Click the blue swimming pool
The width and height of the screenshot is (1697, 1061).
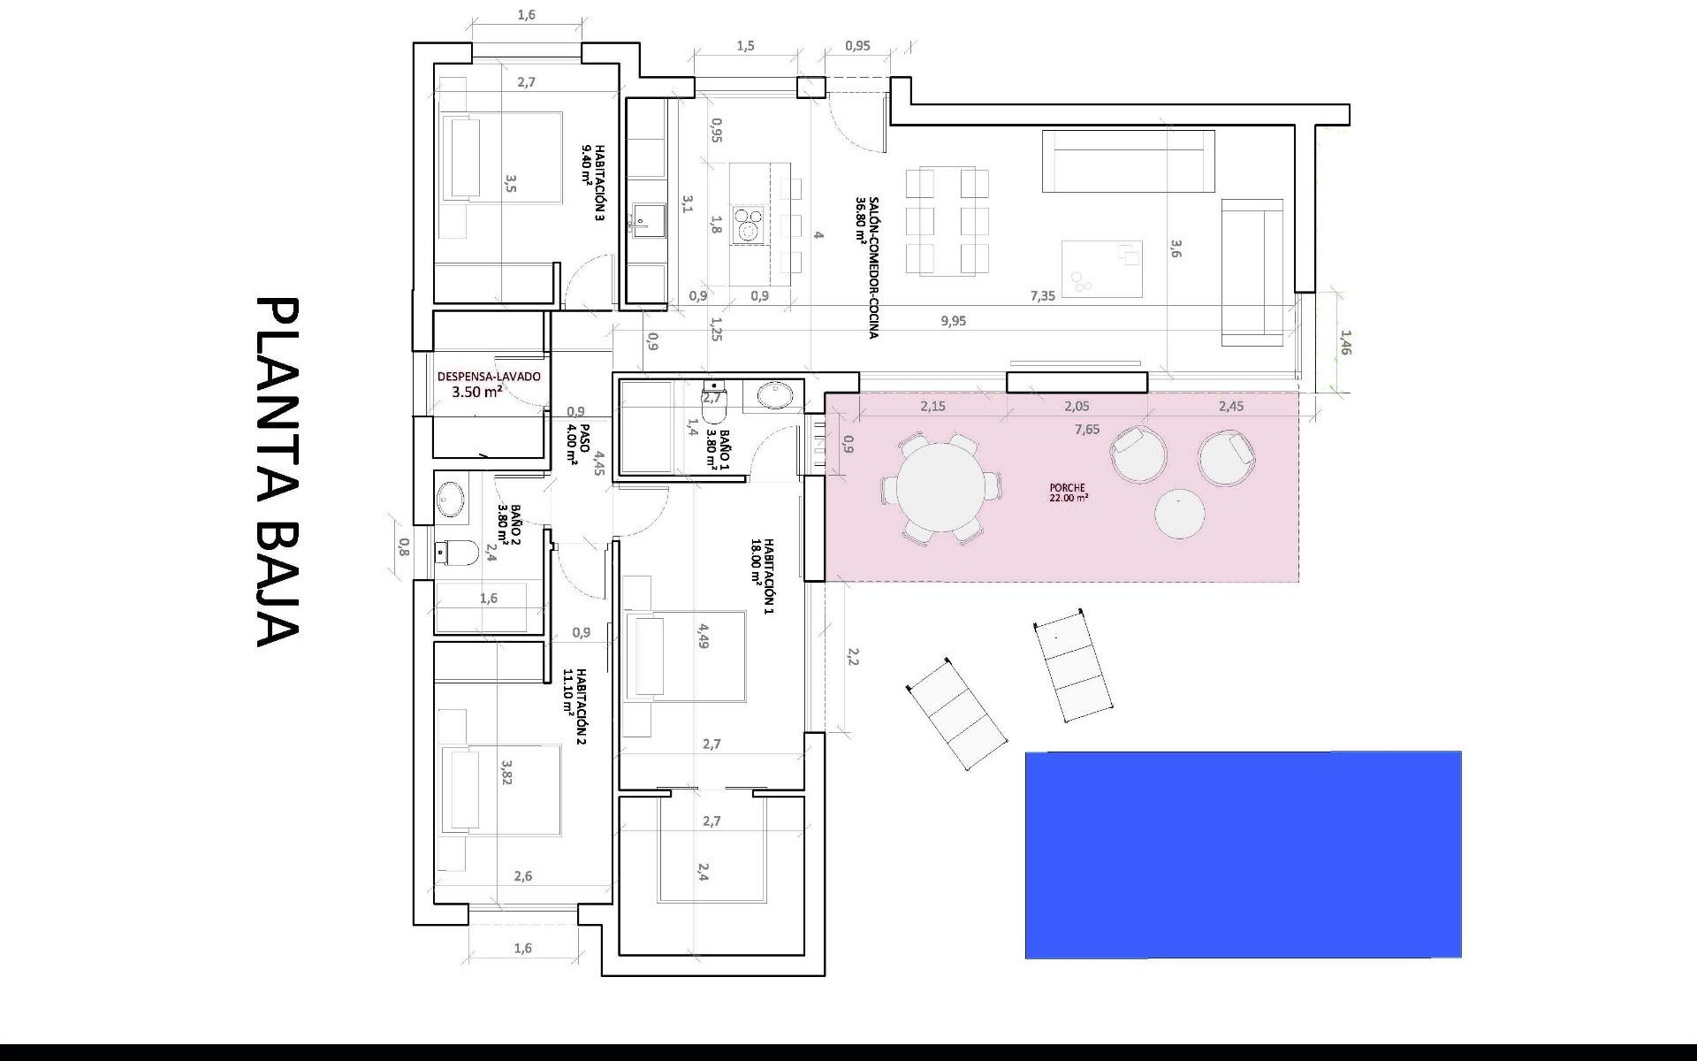click(x=1243, y=854)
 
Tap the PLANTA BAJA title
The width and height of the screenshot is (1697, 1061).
click(x=278, y=472)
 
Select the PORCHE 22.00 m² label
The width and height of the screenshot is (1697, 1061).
click(x=1068, y=492)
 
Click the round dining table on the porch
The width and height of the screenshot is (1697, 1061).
click(x=940, y=487)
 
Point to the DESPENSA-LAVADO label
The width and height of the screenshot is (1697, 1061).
click(x=488, y=384)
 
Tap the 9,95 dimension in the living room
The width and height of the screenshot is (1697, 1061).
click(x=953, y=321)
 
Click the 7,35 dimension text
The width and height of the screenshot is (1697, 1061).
click(x=1042, y=296)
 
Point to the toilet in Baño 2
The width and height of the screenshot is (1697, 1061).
click(x=458, y=553)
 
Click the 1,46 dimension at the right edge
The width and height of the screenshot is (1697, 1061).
click(x=1345, y=343)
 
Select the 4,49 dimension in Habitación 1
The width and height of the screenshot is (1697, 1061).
click(x=704, y=637)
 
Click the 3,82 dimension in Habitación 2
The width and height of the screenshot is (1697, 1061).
click(x=507, y=771)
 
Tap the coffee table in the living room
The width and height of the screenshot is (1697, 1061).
click(x=1101, y=269)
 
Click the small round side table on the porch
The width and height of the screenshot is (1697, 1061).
click(x=1179, y=514)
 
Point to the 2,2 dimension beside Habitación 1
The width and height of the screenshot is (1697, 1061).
click(x=853, y=656)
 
